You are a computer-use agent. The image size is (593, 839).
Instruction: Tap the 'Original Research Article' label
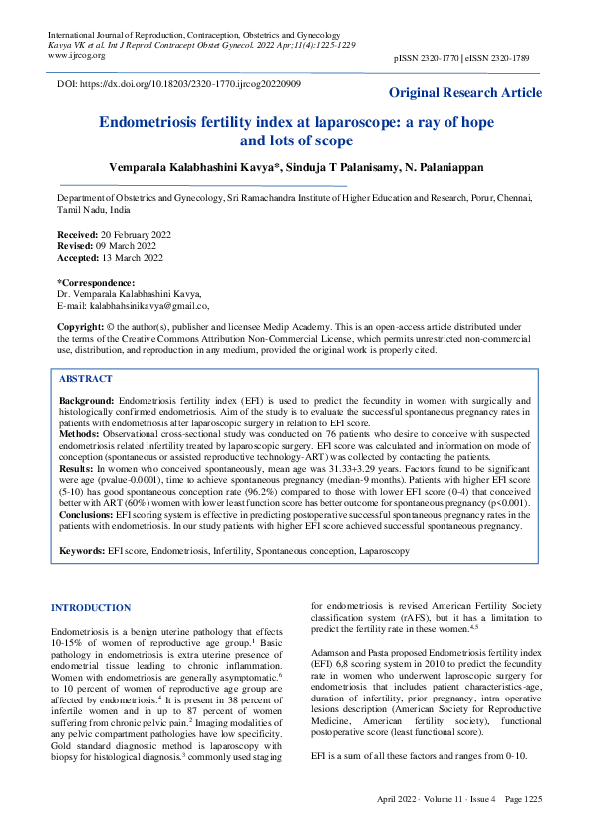tap(465, 93)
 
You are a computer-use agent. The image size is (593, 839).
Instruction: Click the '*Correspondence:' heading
tap(96, 283)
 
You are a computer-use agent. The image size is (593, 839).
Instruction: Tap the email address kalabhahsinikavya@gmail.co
tap(149, 305)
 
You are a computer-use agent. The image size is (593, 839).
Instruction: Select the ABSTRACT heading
tap(86, 380)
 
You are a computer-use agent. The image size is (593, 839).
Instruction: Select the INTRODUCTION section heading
tap(91, 607)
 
